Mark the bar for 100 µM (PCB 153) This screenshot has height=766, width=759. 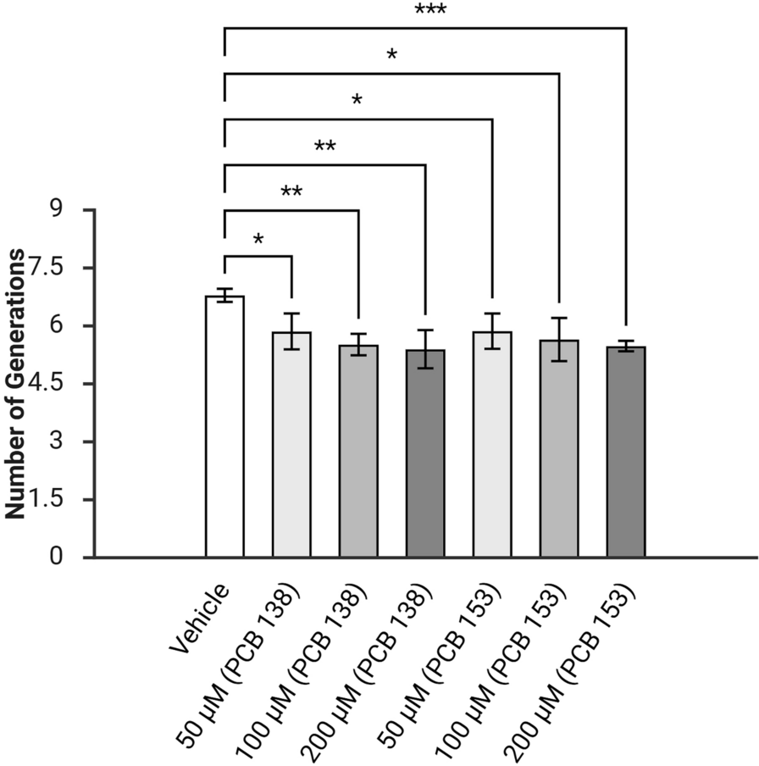click(559, 448)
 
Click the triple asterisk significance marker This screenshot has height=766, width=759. click(430, 11)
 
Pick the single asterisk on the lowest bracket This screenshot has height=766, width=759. click(258, 240)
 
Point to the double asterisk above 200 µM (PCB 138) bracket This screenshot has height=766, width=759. click(324, 147)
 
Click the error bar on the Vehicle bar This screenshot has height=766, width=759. click(224, 294)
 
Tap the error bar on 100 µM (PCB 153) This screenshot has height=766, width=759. click(559, 339)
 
